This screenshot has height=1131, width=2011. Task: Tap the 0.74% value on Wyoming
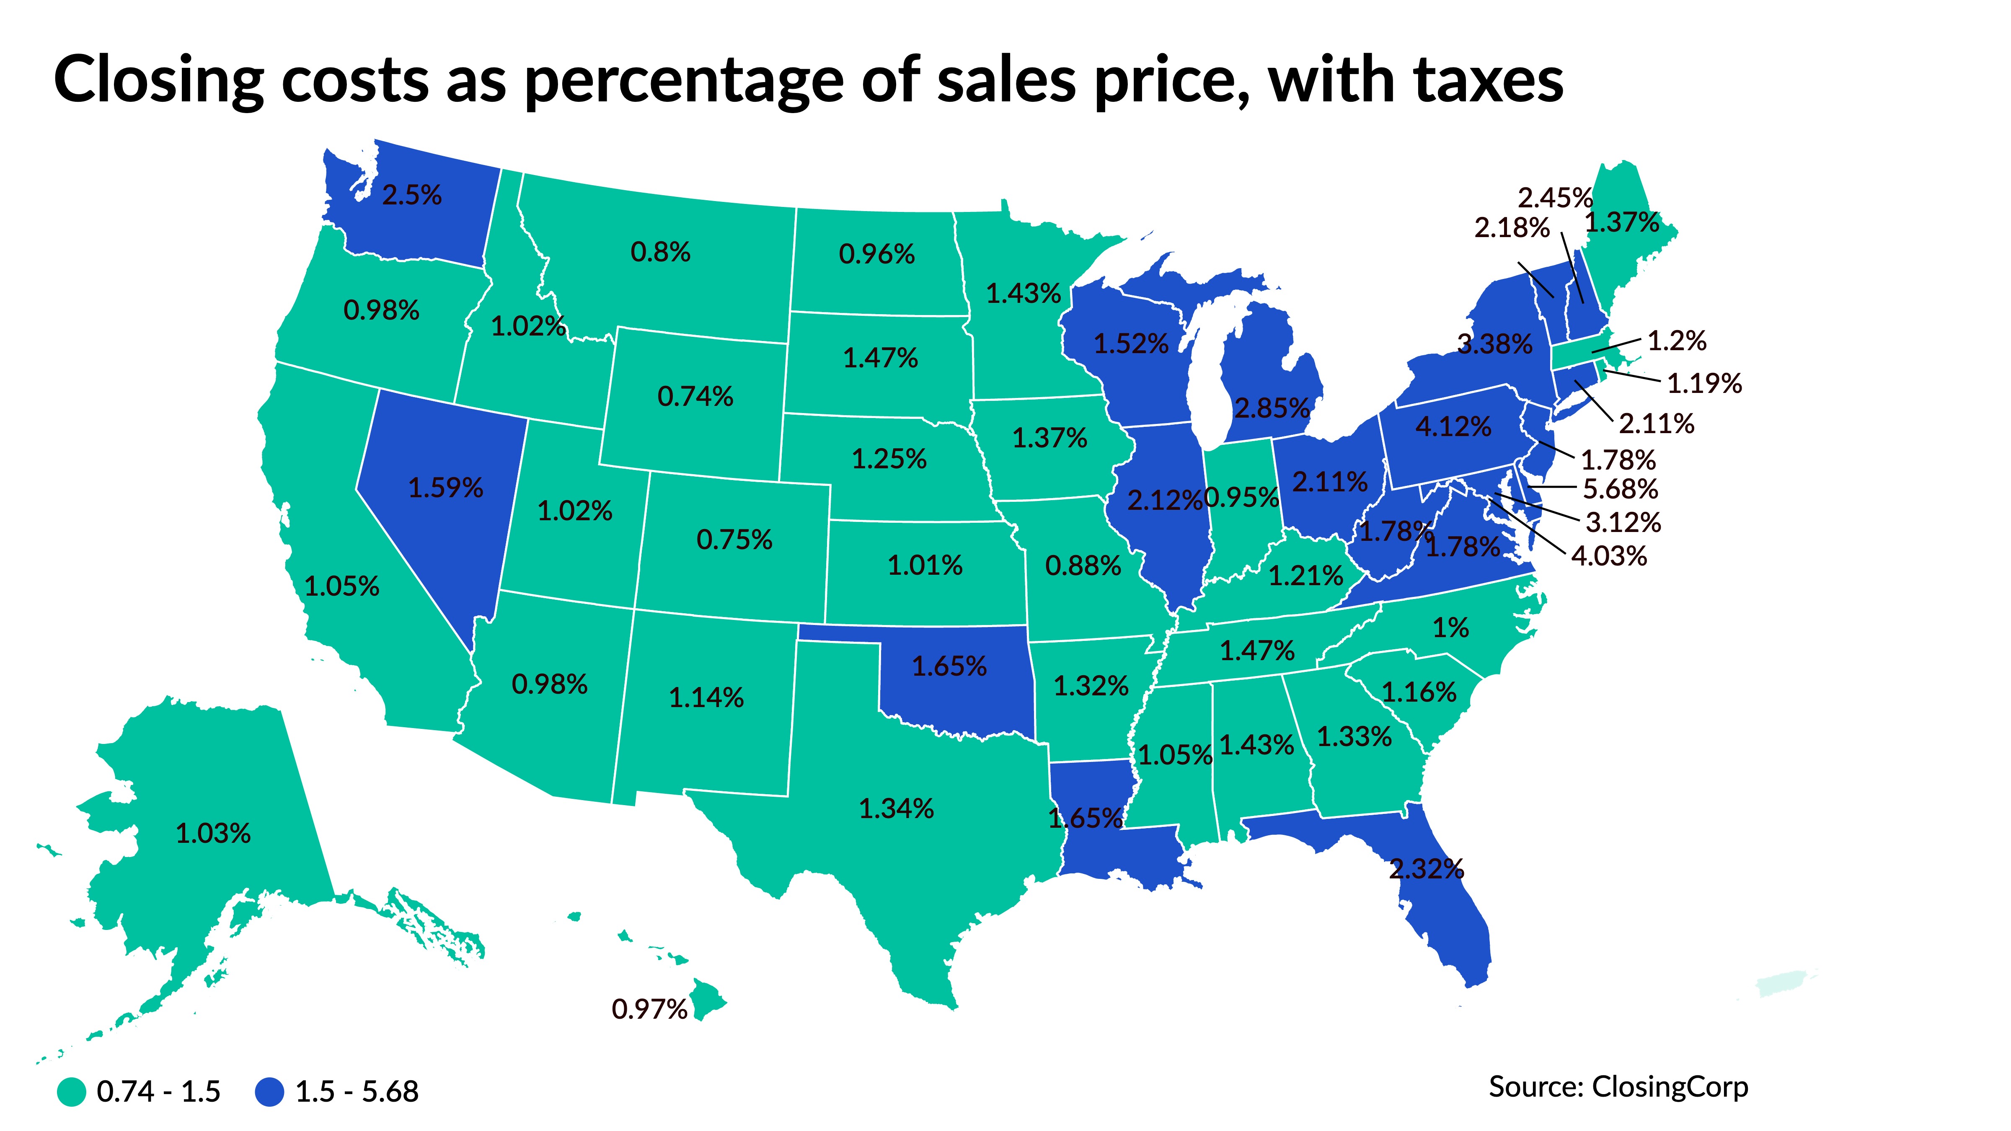tap(695, 397)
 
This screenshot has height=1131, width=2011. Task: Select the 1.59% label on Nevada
tap(446, 488)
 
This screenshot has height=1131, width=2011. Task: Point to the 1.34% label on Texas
tap(896, 808)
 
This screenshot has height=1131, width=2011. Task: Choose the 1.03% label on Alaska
tap(213, 834)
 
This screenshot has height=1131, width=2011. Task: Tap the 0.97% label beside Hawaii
tap(649, 1009)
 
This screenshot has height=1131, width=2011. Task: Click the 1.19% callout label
tap(1704, 383)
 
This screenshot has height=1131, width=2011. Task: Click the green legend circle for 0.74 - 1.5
tap(72, 1091)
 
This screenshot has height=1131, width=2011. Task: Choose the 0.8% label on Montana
tap(660, 252)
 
